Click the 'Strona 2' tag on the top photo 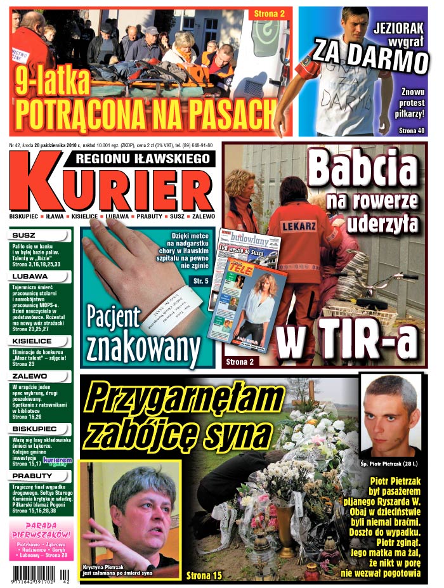click(270, 13)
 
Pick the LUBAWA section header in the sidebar click(29, 277)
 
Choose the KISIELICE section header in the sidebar click(32, 341)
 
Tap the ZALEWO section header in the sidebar click(29, 376)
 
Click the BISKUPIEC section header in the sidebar click(33, 429)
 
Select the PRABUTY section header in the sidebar click(30, 475)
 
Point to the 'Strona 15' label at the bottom click(204, 575)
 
